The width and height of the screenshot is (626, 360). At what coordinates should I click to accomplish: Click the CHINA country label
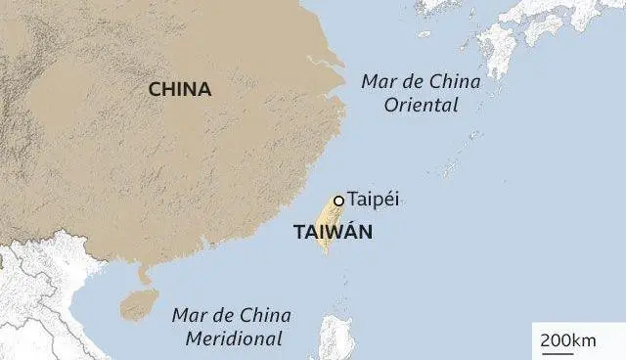pos(179,90)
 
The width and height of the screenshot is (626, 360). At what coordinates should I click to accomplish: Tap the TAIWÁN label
pos(333,234)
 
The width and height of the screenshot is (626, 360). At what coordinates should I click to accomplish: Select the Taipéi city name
pos(374,200)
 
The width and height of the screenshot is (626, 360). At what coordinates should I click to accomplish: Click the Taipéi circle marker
pos(338,201)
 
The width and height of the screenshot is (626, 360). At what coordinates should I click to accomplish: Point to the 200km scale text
pos(568,339)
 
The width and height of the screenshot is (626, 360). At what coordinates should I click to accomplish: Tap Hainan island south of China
pos(137,304)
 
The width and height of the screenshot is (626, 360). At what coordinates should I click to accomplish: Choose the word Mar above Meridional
pos(189,315)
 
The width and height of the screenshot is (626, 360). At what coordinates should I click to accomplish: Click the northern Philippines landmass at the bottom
pos(336,337)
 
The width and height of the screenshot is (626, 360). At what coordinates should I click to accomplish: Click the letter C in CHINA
pos(155,90)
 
